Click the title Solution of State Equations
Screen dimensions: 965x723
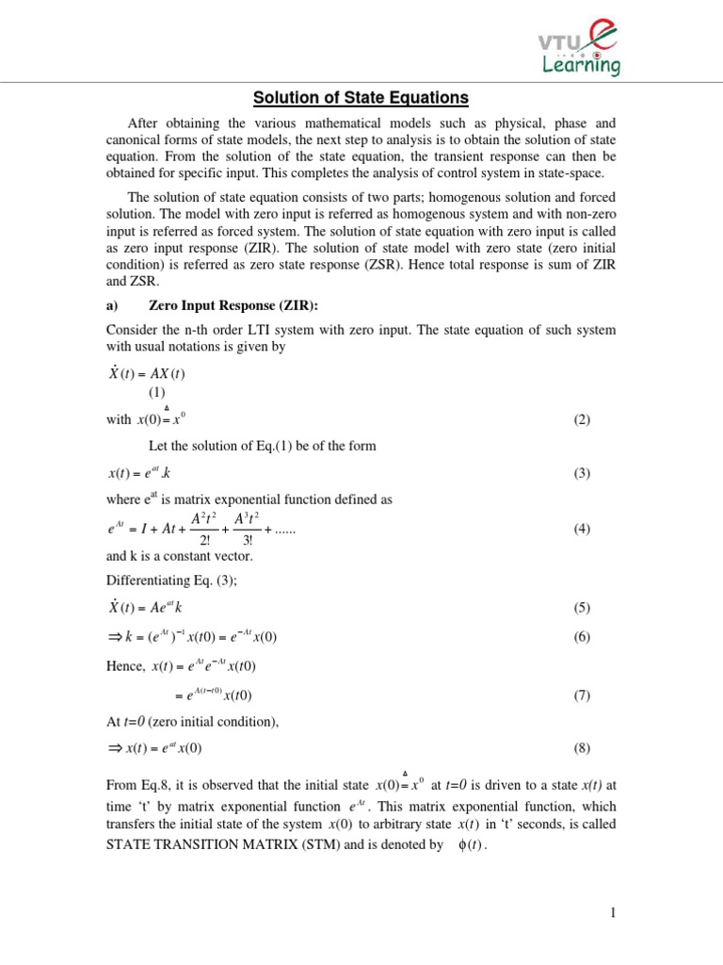(361, 97)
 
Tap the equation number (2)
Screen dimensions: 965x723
(581, 419)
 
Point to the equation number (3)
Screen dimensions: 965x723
(581, 473)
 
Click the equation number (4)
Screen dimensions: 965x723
(581, 529)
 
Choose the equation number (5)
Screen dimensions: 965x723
(581, 608)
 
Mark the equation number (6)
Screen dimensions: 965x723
(581, 637)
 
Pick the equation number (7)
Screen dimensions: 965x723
(581, 695)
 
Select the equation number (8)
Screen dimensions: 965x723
(581, 748)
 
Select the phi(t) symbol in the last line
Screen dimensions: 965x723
(468, 846)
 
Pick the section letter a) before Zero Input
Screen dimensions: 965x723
(112, 305)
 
